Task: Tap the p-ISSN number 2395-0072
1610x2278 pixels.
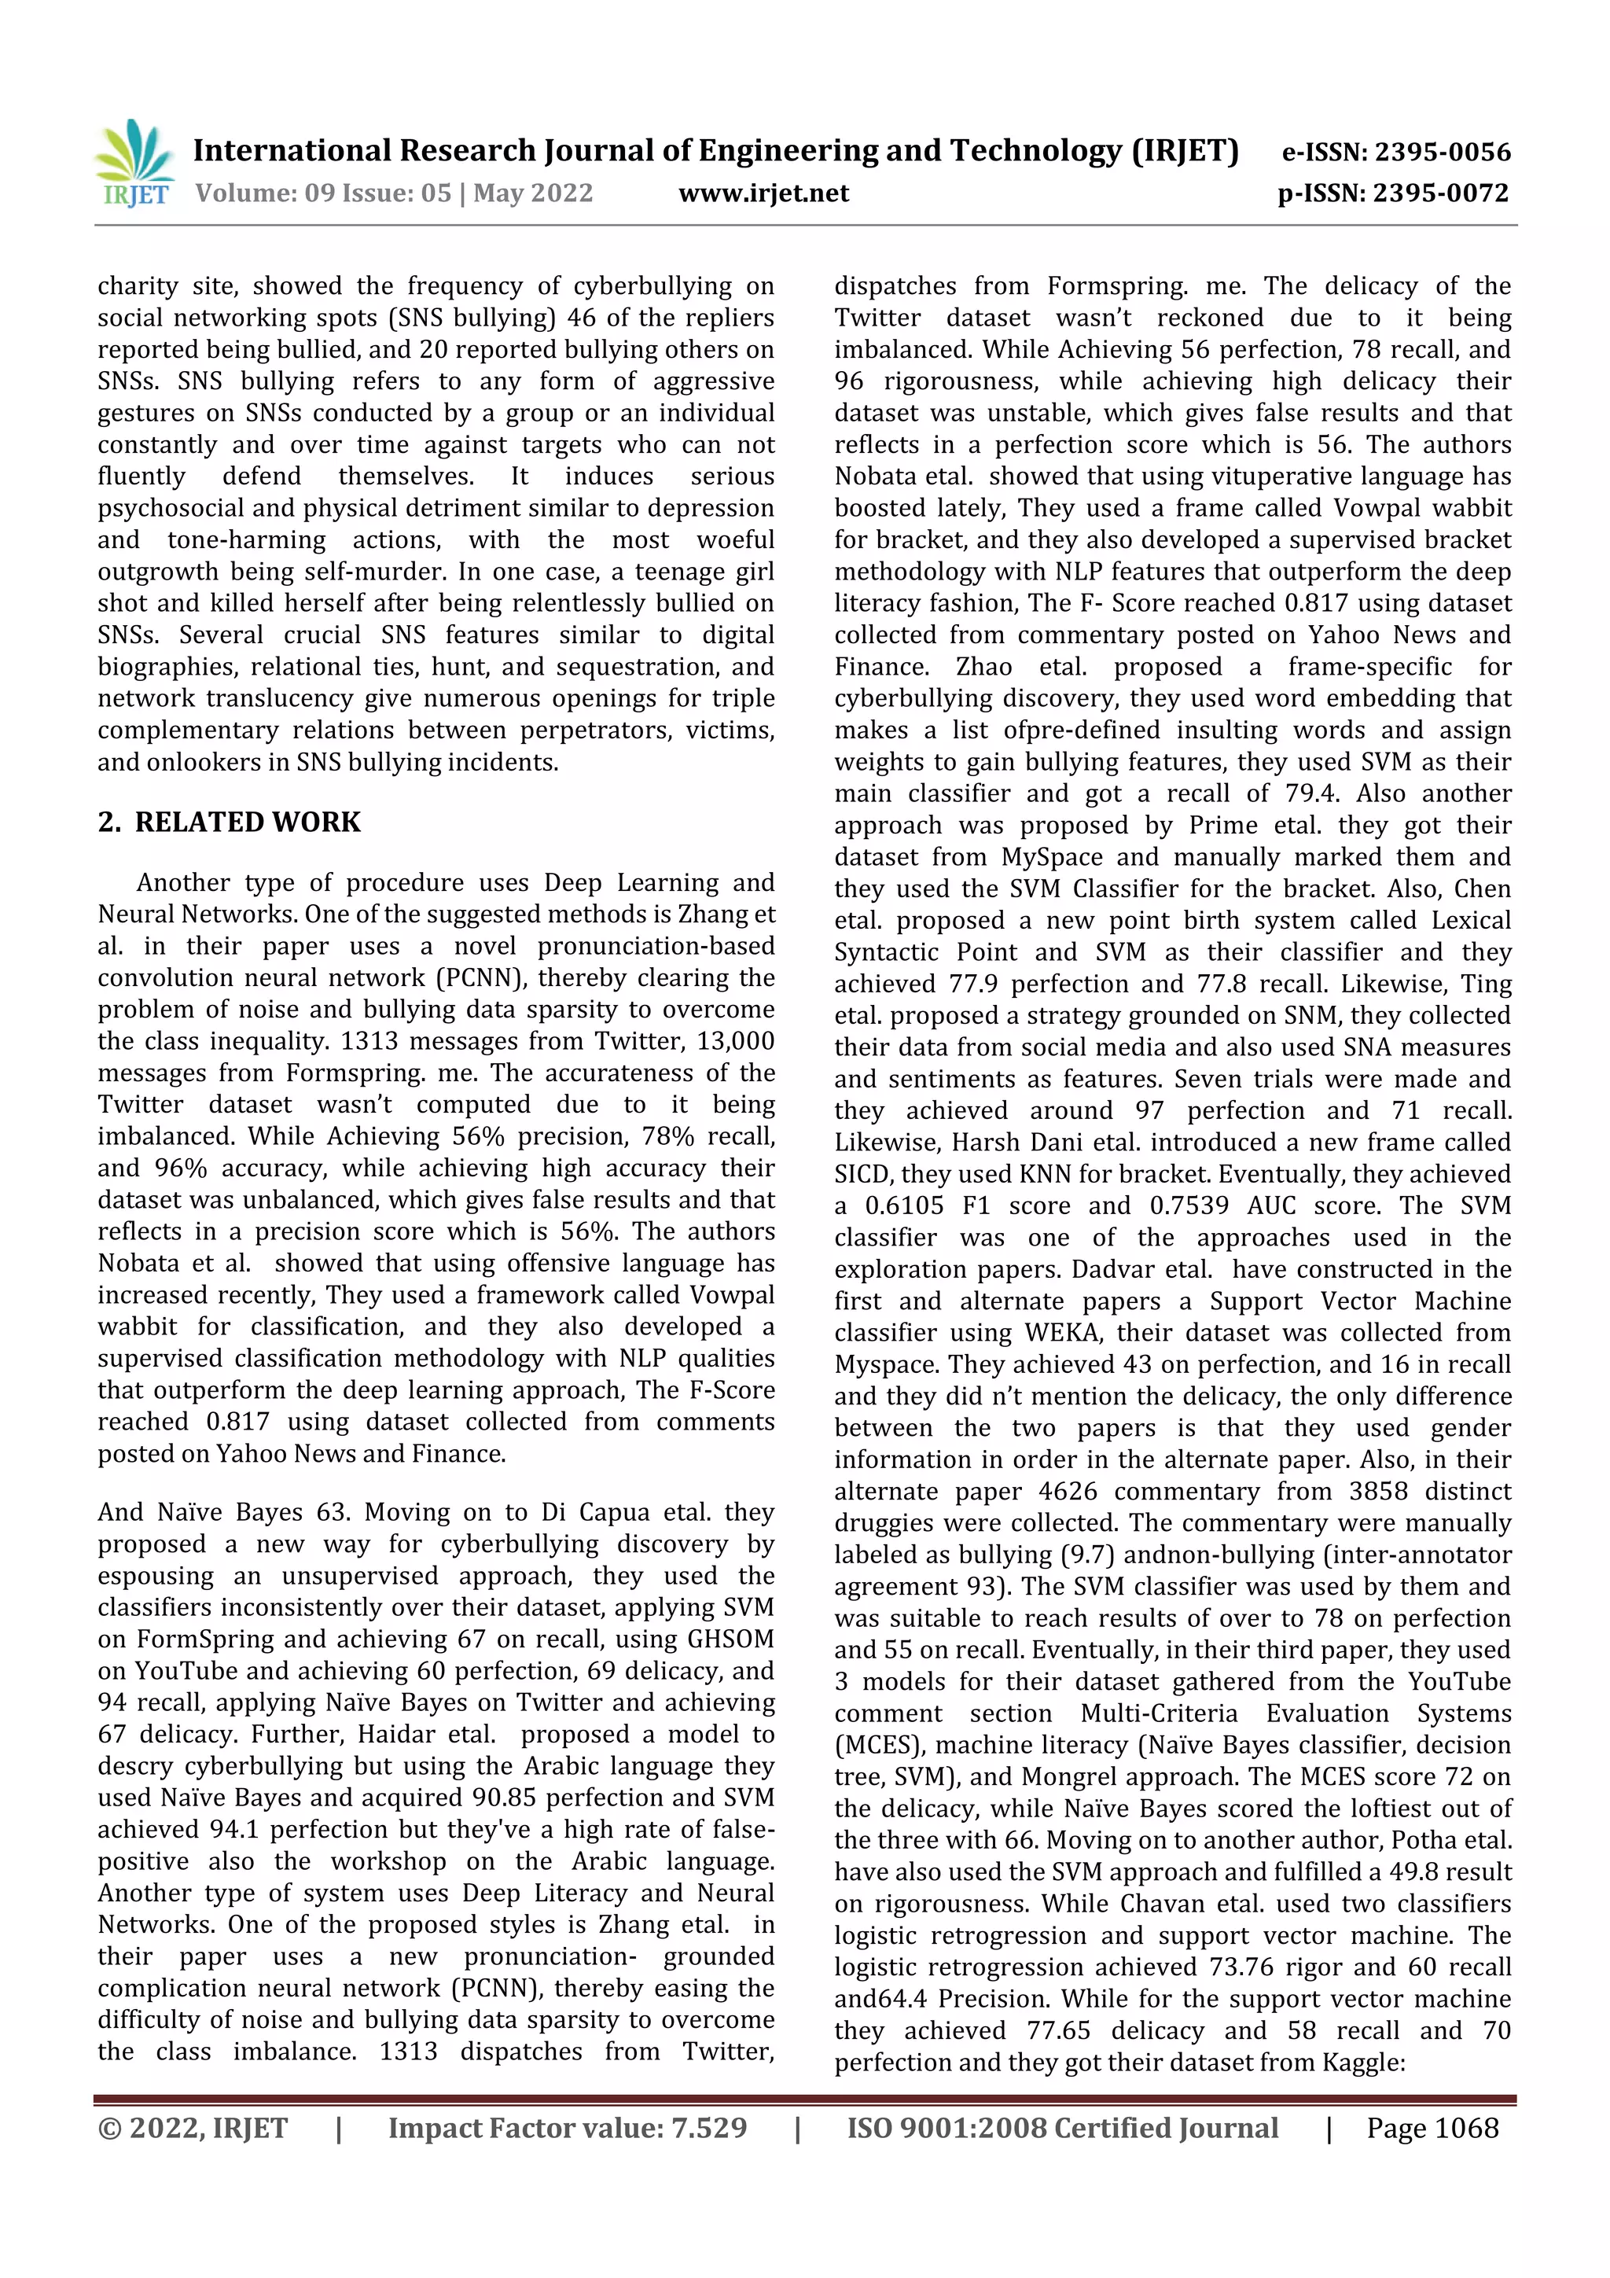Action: click(x=1440, y=193)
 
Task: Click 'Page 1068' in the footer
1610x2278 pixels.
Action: click(x=1432, y=2128)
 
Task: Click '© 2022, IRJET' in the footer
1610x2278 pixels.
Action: click(x=193, y=2128)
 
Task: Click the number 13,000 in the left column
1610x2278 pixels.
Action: click(x=734, y=1042)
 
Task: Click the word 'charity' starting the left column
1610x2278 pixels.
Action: click(x=137, y=288)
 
